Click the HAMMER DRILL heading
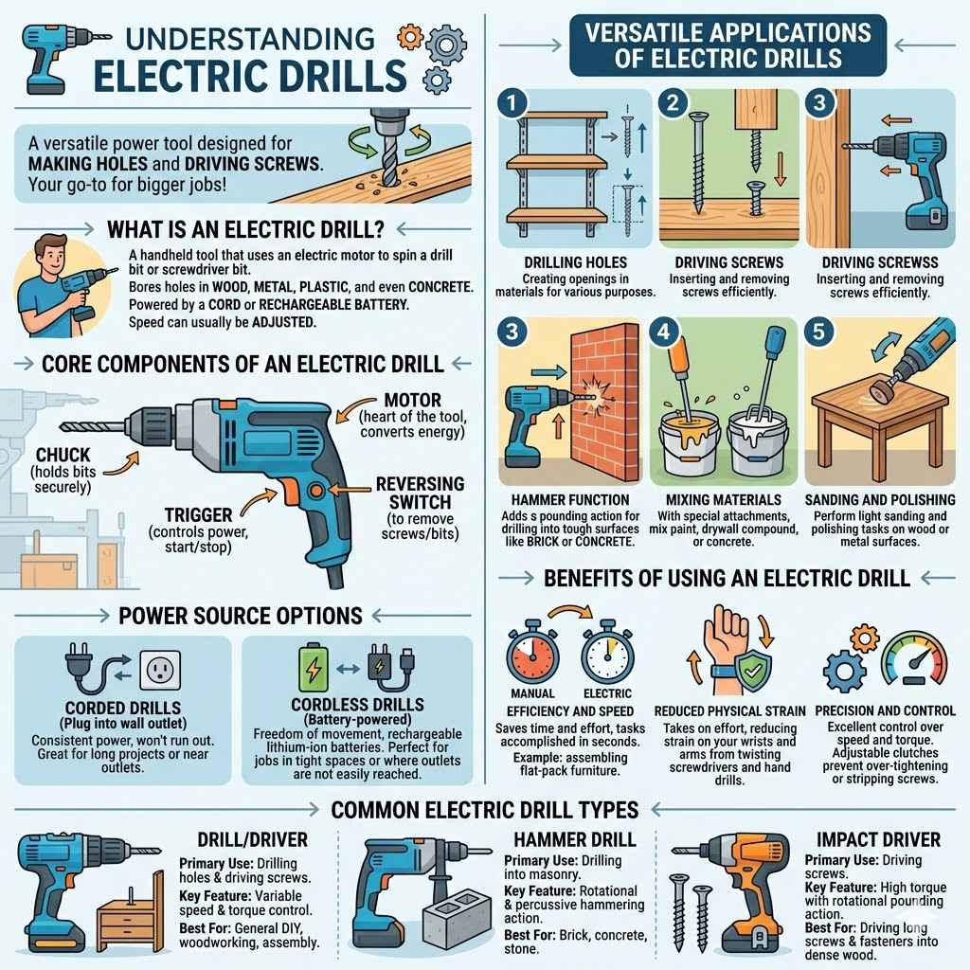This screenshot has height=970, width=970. [x=574, y=839]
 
